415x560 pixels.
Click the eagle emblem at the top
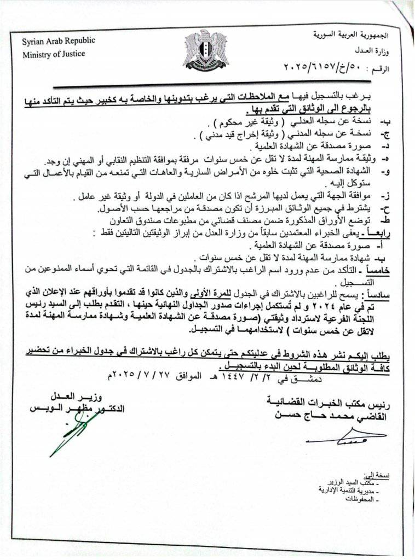[205, 50]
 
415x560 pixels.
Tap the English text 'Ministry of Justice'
[54, 54]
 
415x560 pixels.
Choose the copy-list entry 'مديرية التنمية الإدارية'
[345, 489]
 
